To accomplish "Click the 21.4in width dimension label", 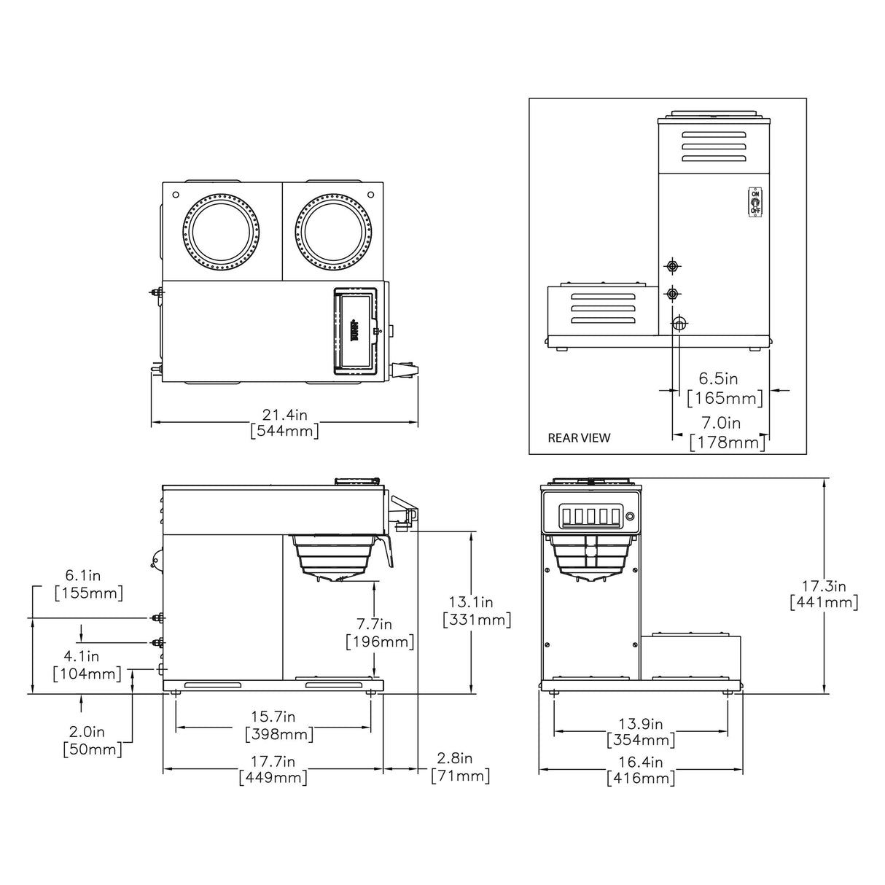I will click(285, 423).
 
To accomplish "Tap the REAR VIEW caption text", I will click(579, 438).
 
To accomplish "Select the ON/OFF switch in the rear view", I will click(755, 201).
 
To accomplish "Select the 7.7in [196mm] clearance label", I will click(380, 633).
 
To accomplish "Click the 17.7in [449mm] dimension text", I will click(273, 769).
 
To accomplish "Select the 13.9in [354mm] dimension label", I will click(641, 732).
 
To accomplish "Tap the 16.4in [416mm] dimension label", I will click(641, 770).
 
